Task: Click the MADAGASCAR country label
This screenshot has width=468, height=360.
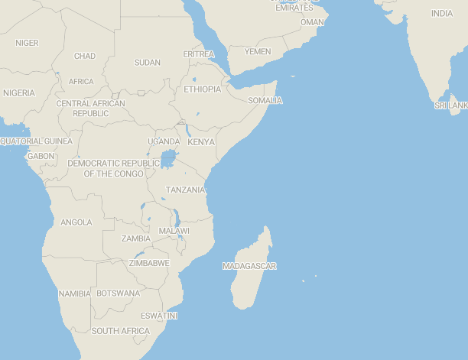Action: point(249,266)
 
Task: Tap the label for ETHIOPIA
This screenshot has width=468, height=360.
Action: point(202,89)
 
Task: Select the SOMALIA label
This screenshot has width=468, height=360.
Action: point(265,100)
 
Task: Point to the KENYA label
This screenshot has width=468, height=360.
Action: point(201,142)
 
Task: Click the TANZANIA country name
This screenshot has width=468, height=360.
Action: point(185,190)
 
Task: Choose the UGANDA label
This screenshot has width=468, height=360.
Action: point(164,141)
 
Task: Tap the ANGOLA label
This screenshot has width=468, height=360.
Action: point(76,222)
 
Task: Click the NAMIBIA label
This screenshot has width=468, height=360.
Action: point(74,294)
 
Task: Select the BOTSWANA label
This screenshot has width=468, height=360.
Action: point(119,294)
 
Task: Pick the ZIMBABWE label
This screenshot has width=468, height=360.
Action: point(149,263)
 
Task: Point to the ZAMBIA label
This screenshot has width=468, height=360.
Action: point(136,238)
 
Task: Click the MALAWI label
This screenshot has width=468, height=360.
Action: point(174,231)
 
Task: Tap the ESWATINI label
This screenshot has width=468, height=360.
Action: point(159,316)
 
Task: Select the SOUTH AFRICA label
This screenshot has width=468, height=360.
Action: point(121,331)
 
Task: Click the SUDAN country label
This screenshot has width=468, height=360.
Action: point(148,63)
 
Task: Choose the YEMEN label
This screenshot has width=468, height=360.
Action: point(258,51)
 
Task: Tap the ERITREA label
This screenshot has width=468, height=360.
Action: point(199,54)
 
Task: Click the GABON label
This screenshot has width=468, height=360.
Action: point(41,156)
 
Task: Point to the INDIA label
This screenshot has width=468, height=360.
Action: point(441,14)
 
